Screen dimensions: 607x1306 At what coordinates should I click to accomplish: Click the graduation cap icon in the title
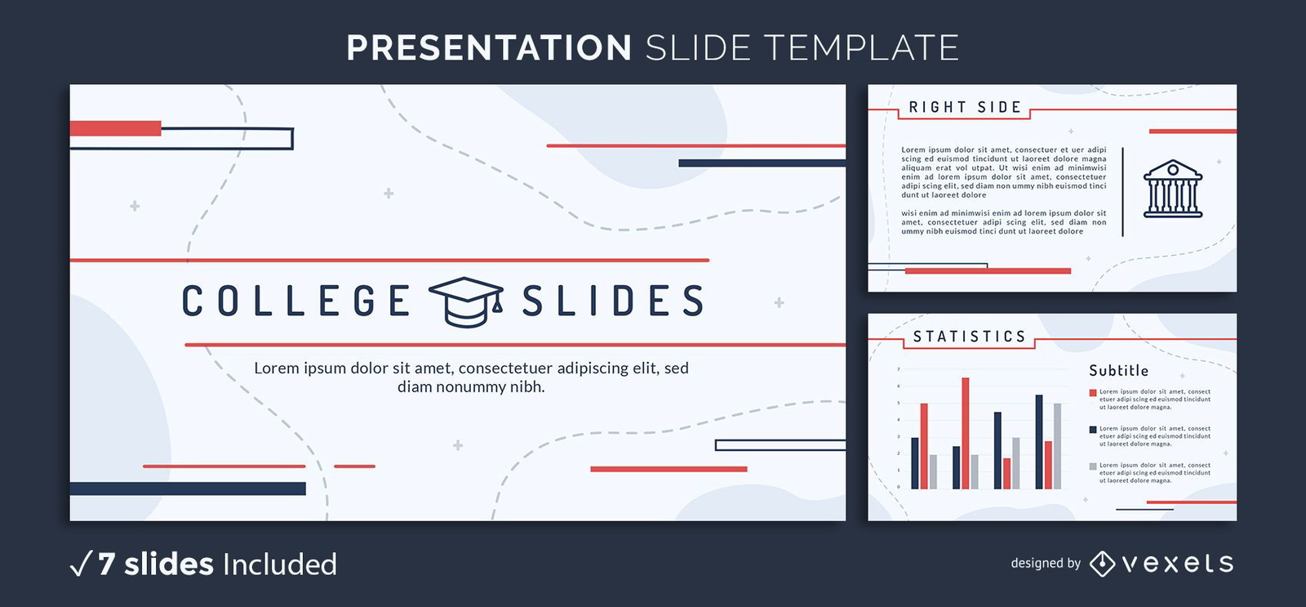pyautogui.click(x=466, y=301)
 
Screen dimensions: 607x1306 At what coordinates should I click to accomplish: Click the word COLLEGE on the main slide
pyautogui.click(x=296, y=301)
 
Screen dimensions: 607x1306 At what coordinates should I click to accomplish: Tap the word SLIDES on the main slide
pyautogui.click(x=613, y=301)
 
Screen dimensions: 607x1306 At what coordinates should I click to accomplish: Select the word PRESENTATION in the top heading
pyautogui.click(x=489, y=48)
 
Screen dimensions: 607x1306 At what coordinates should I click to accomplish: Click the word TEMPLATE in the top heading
pyautogui.click(x=861, y=48)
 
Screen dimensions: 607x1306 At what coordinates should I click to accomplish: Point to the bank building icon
pyautogui.click(x=1173, y=189)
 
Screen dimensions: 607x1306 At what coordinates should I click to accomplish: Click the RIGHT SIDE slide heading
pyautogui.click(x=965, y=108)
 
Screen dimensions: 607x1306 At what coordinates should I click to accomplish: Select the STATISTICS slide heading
pyautogui.click(x=969, y=337)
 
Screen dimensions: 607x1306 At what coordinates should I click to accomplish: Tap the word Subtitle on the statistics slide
pyautogui.click(x=1118, y=371)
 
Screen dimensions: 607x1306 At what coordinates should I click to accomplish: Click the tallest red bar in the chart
pyautogui.click(x=966, y=433)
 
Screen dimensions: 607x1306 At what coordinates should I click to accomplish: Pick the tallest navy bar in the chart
pyautogui.click(x=1039, y=442)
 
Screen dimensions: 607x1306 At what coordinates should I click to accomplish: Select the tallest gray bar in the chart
pyautogui.click(x=1057, y=446)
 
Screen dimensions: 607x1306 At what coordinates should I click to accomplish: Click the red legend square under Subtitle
pyautogui.click(x=1093, y=393)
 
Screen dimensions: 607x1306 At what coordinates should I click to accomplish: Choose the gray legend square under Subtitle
pyautogui.click(x=1093, y=466)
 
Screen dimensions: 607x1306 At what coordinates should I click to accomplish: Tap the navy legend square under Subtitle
pyautogui.click(x=1093, y=430)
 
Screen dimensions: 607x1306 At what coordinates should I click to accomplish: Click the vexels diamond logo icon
pyautogui.click(x=1103, y=564)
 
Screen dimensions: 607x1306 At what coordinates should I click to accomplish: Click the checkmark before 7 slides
pyautogui.click(x=81, y=564)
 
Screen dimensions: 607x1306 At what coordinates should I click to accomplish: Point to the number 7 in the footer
pyautogui.click(x=106, y=565)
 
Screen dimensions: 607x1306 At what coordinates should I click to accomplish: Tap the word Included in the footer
pyautogui.click(x=279, y=565)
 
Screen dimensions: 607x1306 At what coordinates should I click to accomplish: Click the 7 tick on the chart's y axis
pyautogui.click(x=899, y=370)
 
